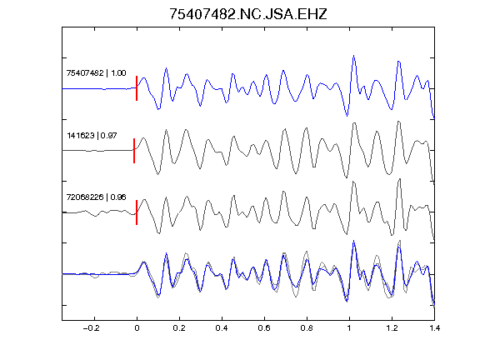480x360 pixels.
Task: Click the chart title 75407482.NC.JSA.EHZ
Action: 248,14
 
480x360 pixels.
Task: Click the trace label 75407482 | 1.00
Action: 96,73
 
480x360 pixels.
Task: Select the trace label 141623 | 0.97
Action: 92,135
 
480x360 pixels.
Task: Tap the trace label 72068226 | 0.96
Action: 96,197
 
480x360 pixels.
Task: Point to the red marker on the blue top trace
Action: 137,88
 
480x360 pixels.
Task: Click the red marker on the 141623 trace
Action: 134,151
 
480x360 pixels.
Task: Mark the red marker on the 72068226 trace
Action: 137,212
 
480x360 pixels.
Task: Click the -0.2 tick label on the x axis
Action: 91,328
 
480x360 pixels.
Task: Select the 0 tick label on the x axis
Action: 137,328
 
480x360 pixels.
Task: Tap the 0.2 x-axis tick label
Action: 179,328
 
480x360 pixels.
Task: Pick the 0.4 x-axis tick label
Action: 222,328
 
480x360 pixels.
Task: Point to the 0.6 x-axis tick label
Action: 264,328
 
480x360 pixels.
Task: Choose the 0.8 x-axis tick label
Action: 307,328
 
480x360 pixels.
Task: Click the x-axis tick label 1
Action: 349,328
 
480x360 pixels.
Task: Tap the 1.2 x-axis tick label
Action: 392,328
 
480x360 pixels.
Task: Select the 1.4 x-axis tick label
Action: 434,328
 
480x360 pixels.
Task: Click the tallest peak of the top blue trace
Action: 354,56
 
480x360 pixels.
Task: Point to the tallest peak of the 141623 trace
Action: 398,122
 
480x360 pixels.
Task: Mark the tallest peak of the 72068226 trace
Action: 399,179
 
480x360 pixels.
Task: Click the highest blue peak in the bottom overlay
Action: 354,241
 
